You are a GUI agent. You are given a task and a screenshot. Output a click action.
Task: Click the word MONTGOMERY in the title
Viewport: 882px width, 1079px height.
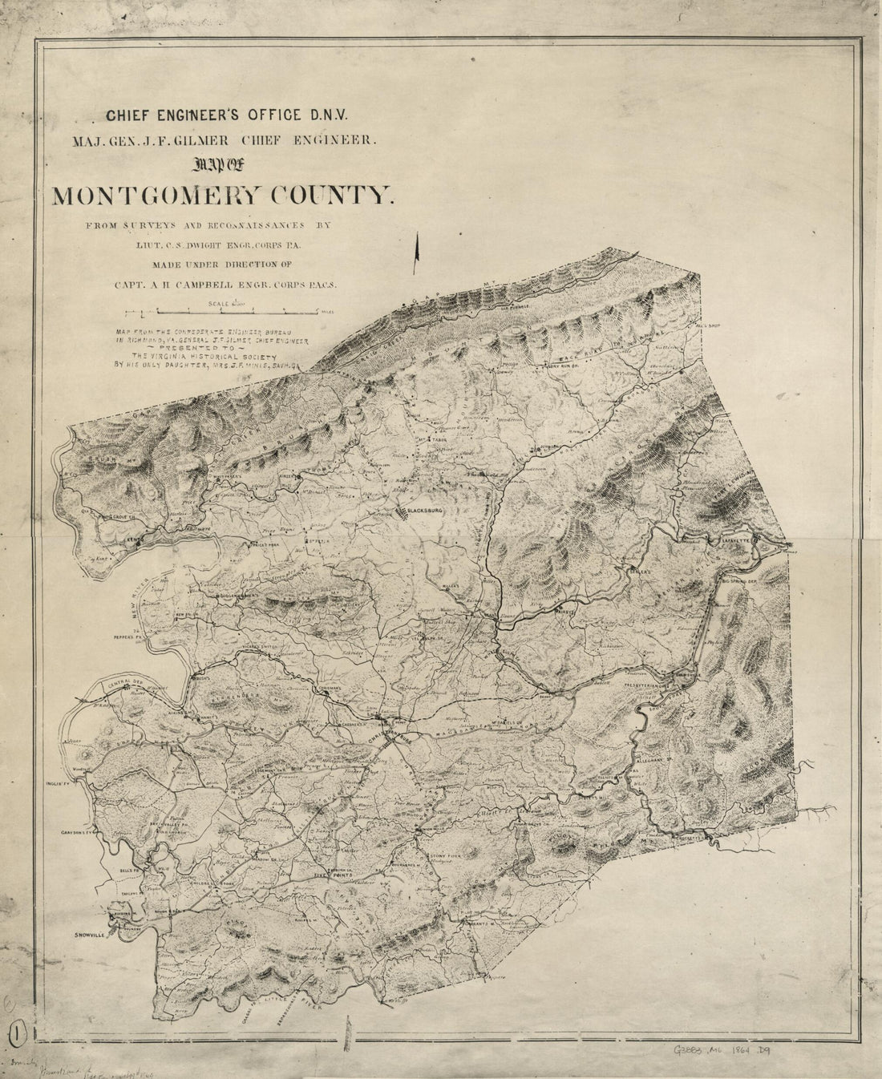coord(162,196)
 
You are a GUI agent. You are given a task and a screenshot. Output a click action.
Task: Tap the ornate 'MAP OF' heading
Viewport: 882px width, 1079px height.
coord(221,166)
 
